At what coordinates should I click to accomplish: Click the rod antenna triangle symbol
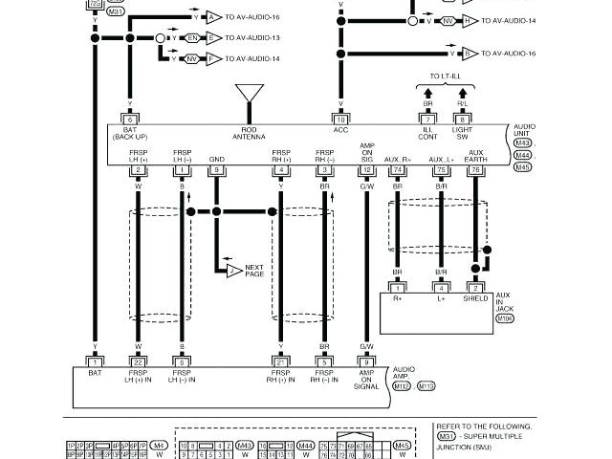(251, 93)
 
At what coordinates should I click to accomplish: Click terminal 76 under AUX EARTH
(475, 170)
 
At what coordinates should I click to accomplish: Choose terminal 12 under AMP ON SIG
(366, 170)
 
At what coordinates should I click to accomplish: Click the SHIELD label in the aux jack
(475, 299)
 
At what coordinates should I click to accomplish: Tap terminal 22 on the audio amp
(139, 361)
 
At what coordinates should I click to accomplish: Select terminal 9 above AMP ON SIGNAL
(366, 361)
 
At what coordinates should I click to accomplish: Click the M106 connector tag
(505, 318)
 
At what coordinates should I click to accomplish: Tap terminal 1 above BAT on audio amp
(95, 361)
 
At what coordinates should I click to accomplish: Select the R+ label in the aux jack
(396, 299)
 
